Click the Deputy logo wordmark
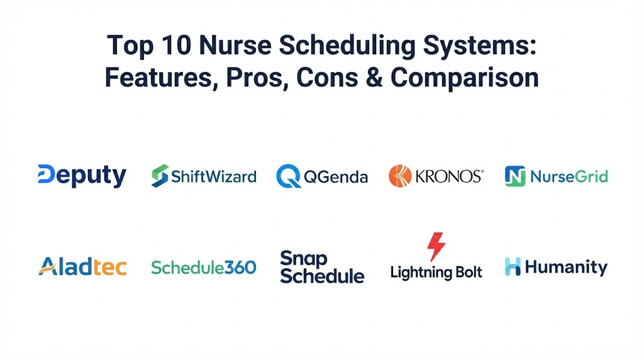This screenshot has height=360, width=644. (x=82, y=176)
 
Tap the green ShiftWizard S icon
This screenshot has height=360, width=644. (x=160, y=176)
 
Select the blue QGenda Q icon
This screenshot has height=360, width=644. (x=288, y=176)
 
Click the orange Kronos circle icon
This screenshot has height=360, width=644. (x=400, y=176)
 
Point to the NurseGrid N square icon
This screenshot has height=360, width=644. (x=515, y=176)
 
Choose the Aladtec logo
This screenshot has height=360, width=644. (x=82, y=267)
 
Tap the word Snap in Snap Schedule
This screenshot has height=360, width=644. (x=304, y=259)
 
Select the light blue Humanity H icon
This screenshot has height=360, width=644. (x=513, y=266)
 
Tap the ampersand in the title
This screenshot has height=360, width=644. (x=374, y=77)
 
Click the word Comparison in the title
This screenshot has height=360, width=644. (x=465, y=77)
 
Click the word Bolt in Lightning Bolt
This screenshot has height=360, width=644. (x=467, y=272)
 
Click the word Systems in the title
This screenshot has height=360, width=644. (x=480, y=46)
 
